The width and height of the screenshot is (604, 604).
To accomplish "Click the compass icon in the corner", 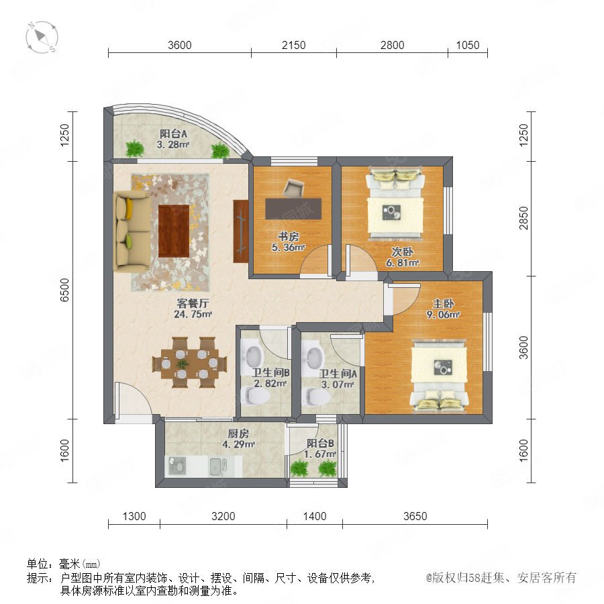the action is coord(42,38).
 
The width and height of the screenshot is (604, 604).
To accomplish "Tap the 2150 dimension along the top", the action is coord(293,45).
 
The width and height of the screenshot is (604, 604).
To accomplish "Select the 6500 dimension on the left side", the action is coord(64,290).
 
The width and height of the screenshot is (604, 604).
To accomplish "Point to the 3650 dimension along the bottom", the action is coord(415,516).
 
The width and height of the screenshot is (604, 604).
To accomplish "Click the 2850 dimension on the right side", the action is coord(523,218).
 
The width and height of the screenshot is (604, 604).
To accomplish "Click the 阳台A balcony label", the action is coord(173,134).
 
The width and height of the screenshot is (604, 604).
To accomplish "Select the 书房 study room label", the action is coord(288,236).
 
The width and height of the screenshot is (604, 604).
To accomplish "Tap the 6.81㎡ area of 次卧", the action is coord(402,262).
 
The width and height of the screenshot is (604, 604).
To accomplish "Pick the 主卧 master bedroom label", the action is coord(443,303).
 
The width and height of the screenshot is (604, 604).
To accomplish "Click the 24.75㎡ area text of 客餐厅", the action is coord(193,314).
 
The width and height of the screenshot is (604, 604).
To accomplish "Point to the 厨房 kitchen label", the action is coord(238,434).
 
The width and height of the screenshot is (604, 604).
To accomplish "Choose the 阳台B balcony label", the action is coord(320,444).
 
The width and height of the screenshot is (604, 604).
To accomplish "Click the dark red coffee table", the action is coord(174,231).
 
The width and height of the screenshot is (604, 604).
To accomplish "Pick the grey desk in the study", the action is coord(293,209).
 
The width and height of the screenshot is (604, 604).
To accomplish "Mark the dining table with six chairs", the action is coord(189,362).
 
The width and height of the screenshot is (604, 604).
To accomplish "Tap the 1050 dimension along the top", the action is coord(468,45).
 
